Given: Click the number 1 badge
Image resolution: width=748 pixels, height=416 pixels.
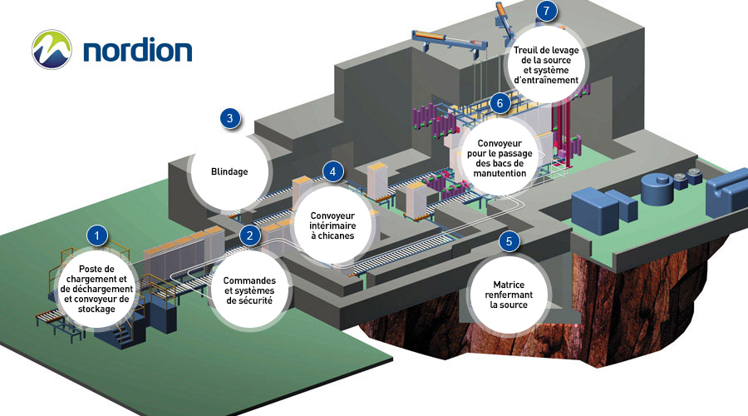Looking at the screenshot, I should point(98,235).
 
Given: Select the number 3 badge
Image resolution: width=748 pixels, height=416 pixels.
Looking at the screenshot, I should point(230,118).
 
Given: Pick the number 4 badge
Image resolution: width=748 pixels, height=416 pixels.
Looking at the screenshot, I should point(332,172).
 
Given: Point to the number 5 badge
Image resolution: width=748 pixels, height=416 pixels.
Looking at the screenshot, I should point(509,241).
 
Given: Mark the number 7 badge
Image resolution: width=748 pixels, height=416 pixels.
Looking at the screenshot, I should point(545,11).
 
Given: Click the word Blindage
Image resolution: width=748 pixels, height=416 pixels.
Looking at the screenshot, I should point(230,172).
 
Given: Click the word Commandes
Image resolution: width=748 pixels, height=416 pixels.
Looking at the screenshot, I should point(249,280).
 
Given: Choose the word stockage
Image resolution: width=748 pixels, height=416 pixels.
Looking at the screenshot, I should point(97,309).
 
